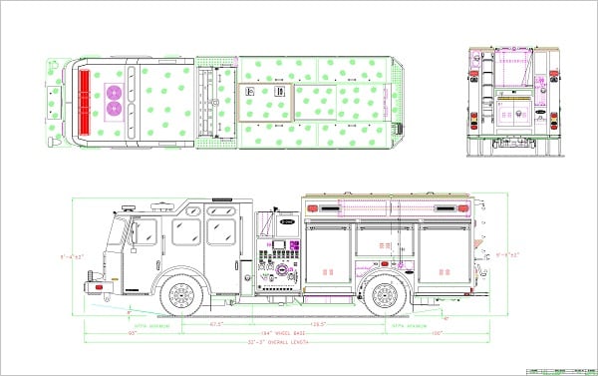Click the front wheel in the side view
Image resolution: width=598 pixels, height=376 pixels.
180,296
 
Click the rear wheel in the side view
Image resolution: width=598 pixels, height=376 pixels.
383,296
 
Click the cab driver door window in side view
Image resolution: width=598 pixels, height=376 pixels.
145,233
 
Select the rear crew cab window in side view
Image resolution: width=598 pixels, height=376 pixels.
219,231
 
